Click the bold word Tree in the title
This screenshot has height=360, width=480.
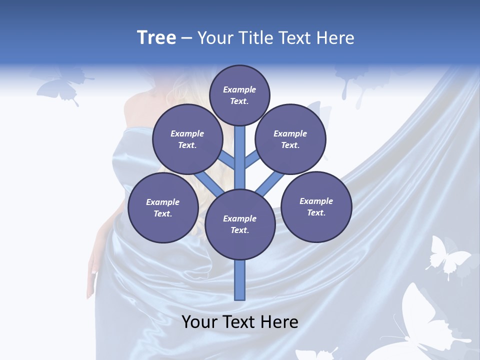point(156,38)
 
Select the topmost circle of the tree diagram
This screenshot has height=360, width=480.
point(239,95)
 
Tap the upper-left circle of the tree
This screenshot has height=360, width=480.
point(187,139)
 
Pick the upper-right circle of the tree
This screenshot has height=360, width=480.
point(290,139)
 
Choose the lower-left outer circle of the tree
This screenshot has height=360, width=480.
point(163,208)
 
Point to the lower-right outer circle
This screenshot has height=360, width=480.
point(316,207)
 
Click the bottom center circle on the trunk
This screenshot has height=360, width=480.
point(240,224)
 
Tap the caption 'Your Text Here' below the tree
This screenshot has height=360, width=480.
point(240,322)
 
